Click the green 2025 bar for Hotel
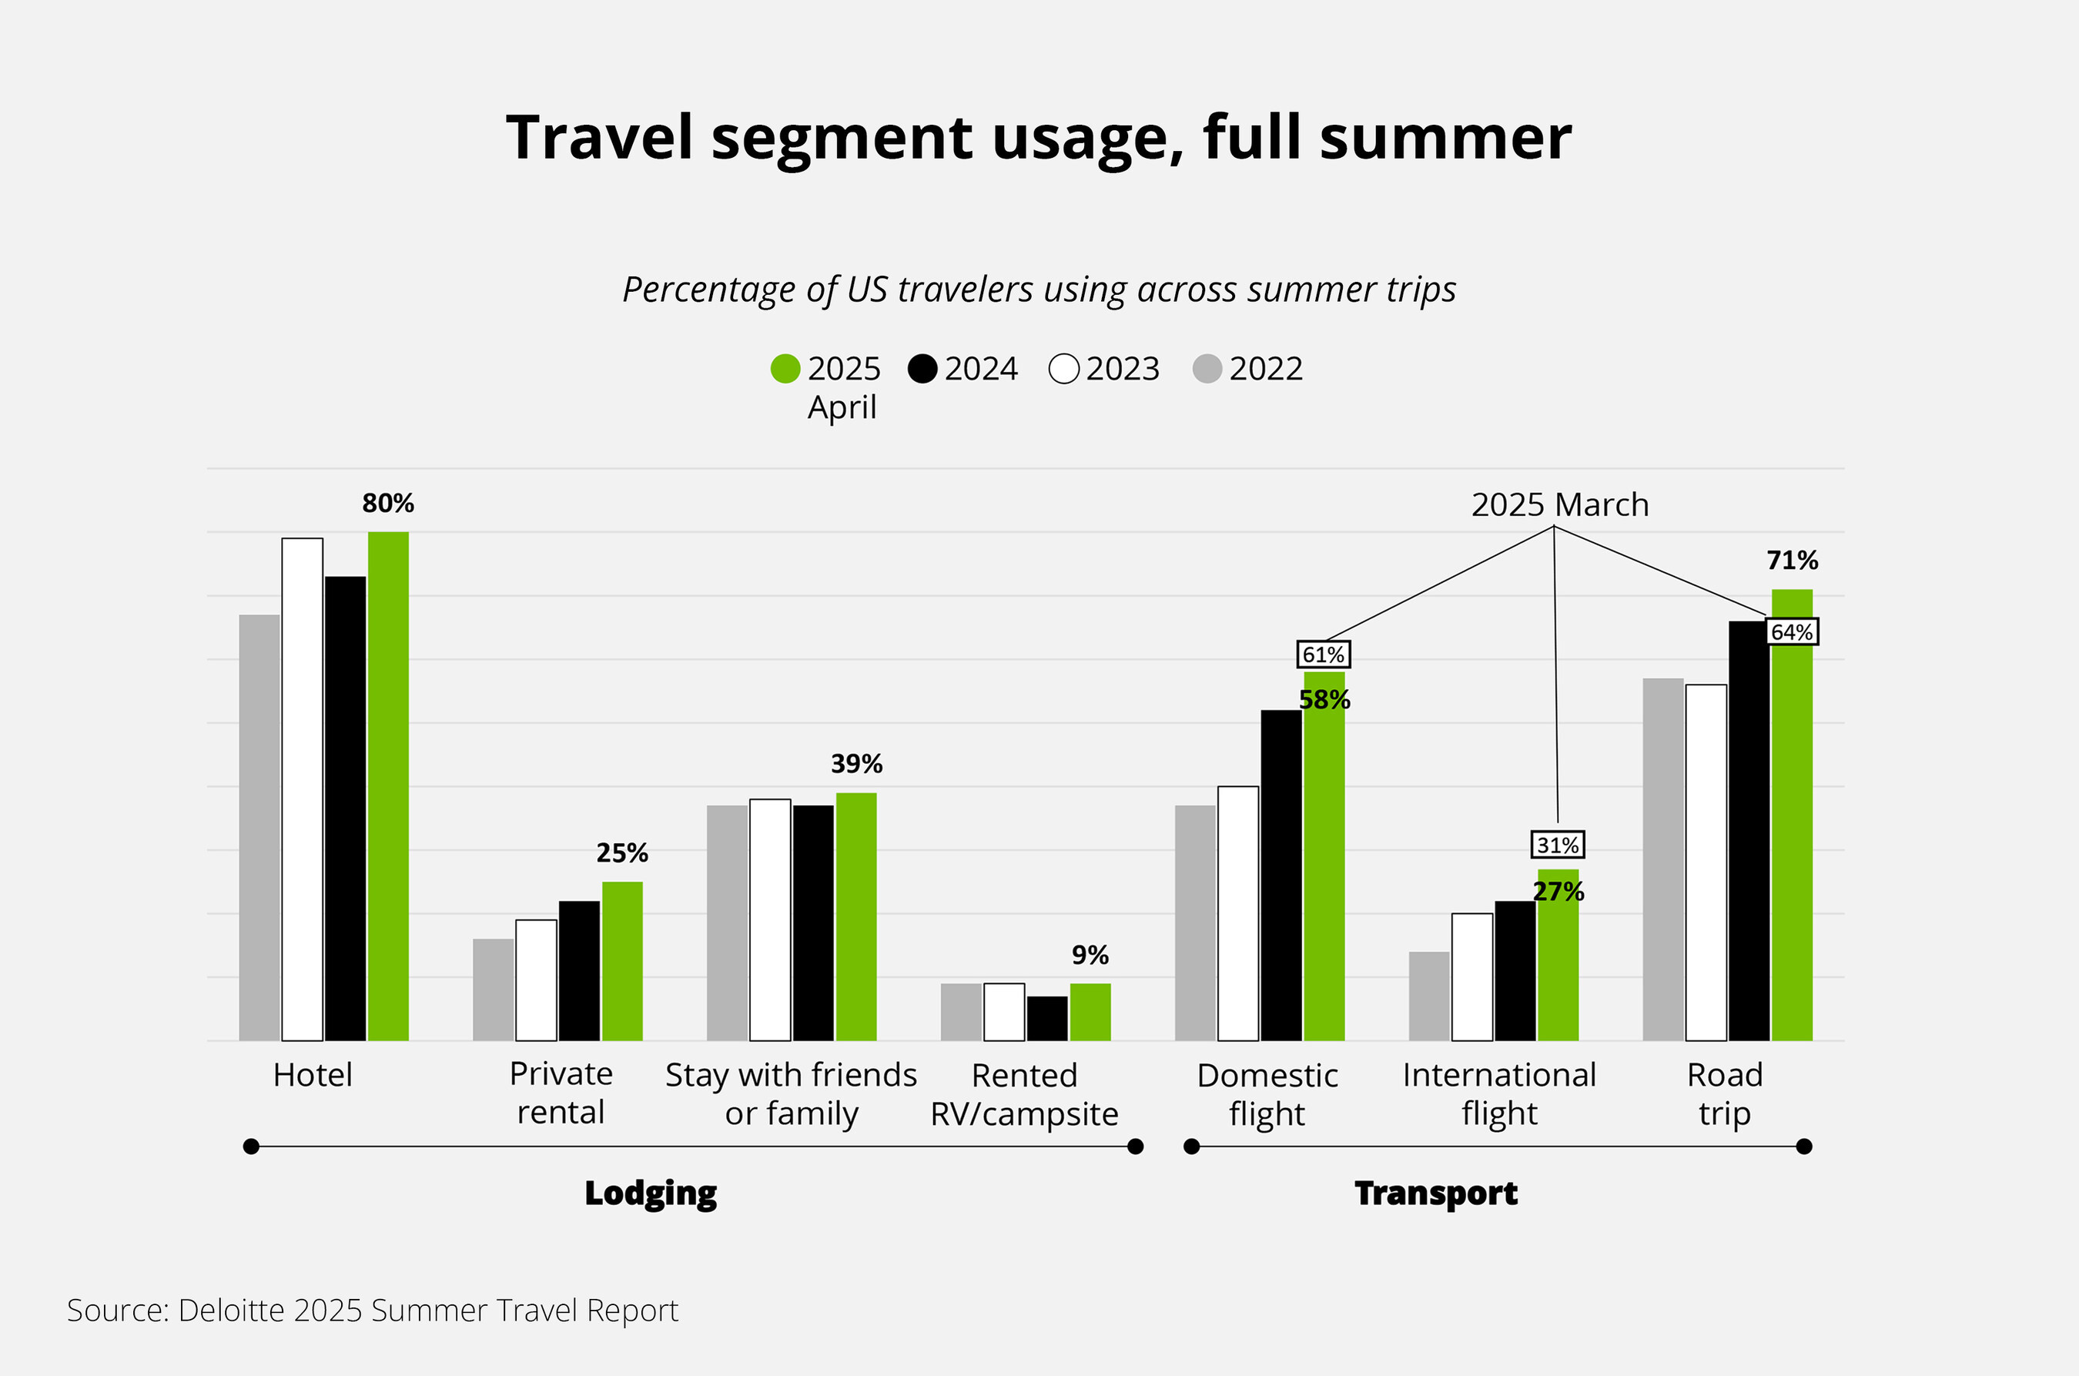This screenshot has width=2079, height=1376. pyautogui.click(x=388, y=785)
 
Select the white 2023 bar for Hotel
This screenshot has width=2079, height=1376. pyautogui.click(x=302, y=789)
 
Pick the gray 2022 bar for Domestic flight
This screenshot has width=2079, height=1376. pyautogui.click(x=1195, y=922)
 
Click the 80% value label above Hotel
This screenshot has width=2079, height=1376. pyautogui.click(x=388, y=503)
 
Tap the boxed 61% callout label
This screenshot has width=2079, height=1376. pyautogui.click(x=1324, y=655)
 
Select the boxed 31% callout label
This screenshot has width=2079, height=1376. pyautogui.click(x=1558, y=845)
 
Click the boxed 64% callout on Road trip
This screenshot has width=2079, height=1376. pyautogui.click(x=1792, y=632)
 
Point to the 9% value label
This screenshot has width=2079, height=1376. pyautogui.click(x=1090, y=955)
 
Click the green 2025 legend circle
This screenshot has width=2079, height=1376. pyautogui.click(x=785, y=369)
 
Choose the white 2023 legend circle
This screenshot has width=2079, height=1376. pyautogui.click(x=1063, y=369)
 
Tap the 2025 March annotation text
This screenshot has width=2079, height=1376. pyautogui.click(x=1559, y=504)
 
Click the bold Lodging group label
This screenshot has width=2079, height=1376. pyautogui.click(x=651, y=1193)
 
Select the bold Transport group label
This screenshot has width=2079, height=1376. pyautogui.click(x=1436, y=1193)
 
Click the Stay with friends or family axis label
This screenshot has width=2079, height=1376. pyautogui.click(x=791, y=1093)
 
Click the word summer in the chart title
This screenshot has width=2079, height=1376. pyautogui.click(x=1445, y=138)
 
